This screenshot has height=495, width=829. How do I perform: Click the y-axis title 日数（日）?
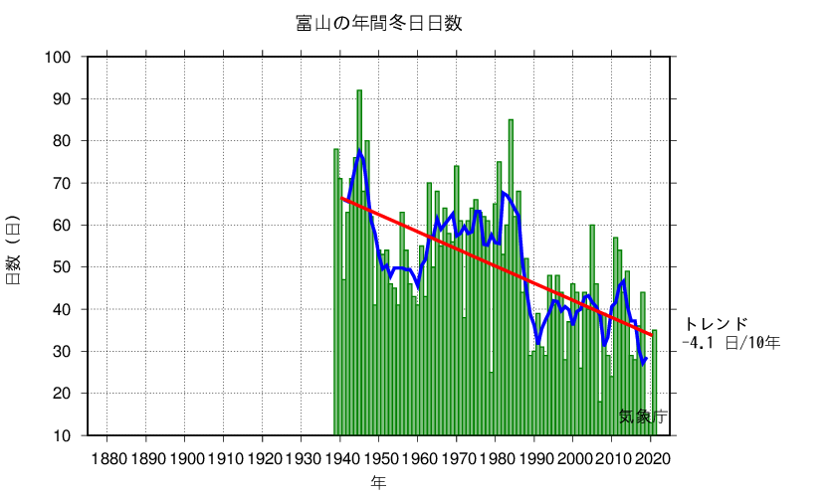click(x=14, y=249)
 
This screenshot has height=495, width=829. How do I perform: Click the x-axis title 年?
click(x=378, y=482)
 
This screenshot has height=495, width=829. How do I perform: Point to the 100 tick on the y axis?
click(x=59, y=57)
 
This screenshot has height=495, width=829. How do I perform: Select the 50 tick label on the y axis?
click(x=63, y=267)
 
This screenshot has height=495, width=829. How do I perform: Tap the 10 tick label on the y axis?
click(x=63, y=435)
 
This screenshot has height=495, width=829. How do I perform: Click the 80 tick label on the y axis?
click(x=63, y=141)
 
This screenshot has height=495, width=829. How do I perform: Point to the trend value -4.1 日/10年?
click(x=730, y=342)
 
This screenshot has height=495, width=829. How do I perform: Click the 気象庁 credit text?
click(x=642, y=416)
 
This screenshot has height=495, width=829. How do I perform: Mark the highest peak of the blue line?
click(x=360, y=151)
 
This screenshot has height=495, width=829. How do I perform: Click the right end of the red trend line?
click(x=651, y=335)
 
